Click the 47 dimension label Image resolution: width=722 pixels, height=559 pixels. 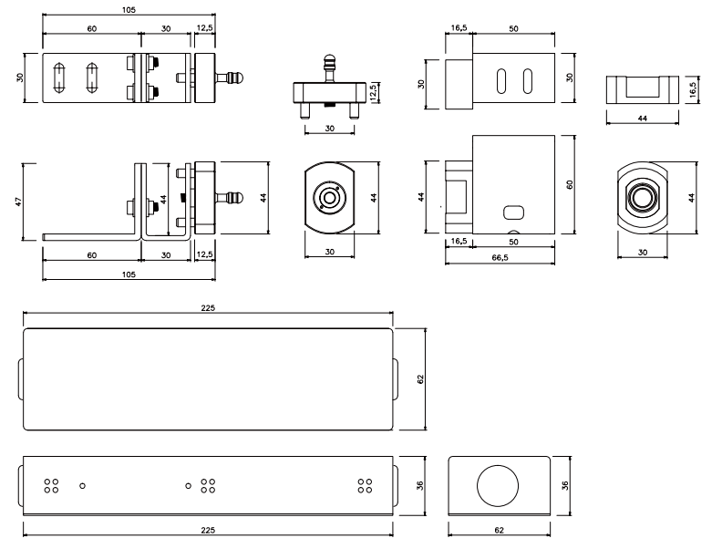(18, 202)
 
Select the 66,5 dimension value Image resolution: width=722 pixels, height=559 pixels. (500, 258)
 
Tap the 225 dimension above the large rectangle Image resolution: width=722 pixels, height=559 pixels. (208, 308)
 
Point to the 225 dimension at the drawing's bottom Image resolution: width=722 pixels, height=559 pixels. (208, 530)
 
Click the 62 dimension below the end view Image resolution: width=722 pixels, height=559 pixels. (500, 530)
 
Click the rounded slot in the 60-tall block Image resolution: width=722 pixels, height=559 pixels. (514, 212)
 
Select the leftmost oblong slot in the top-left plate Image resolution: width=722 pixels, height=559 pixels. (59, 78)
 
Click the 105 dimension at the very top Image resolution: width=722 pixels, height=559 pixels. (129, 10)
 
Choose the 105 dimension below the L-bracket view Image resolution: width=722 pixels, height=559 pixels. (129, 274)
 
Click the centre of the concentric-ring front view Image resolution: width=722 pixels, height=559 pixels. (330, 198)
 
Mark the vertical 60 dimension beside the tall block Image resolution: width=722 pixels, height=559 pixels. (570, 184)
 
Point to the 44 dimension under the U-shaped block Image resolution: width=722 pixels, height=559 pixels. (643, 119)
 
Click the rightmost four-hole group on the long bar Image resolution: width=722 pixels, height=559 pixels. (366, 486)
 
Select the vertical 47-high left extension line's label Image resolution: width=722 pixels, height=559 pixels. (18, 202)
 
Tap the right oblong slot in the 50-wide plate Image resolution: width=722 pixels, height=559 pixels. (528, 81)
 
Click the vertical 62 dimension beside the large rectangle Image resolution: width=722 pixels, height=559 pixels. (420, 379)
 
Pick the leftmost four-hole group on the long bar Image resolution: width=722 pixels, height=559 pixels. (52, 486)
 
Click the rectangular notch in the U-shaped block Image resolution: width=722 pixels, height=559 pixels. (643, 87)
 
